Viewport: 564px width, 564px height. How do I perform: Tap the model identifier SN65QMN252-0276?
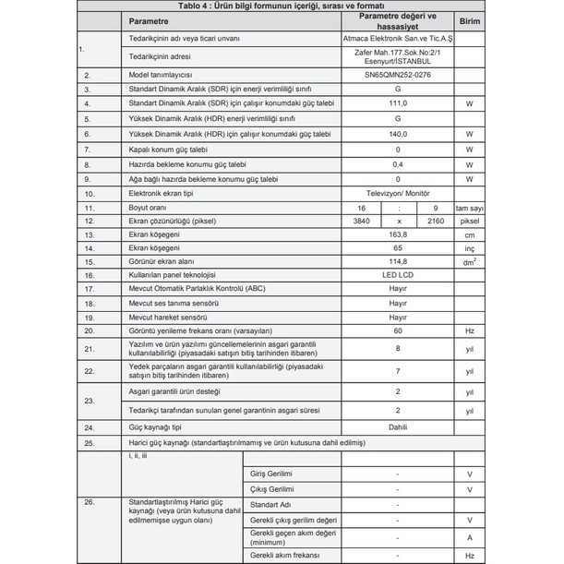tap(397, 75)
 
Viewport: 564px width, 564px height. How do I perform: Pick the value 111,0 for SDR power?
tap(397, 104)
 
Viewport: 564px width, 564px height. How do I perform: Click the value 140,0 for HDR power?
tap(397, 134)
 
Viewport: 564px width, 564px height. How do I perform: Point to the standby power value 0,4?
tap(397, 163)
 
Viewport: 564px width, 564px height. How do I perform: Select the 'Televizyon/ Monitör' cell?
tap(397, 194)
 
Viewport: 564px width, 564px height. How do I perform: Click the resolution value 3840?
tap(360, 222)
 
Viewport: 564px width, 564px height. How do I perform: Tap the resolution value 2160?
tap(435, 222)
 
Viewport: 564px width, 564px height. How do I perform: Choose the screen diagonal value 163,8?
tap(397, 235)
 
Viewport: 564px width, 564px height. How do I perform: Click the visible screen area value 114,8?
tap(397, 262)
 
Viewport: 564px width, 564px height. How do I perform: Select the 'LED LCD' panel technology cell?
tap(397, 275)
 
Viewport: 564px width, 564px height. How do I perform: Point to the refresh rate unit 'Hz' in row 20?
tap(469, 330)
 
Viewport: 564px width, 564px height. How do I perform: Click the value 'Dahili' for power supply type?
tap(397, 427)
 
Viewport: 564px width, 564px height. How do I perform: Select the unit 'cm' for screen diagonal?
tap(469, 235)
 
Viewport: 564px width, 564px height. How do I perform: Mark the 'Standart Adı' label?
tap(270, 504)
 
